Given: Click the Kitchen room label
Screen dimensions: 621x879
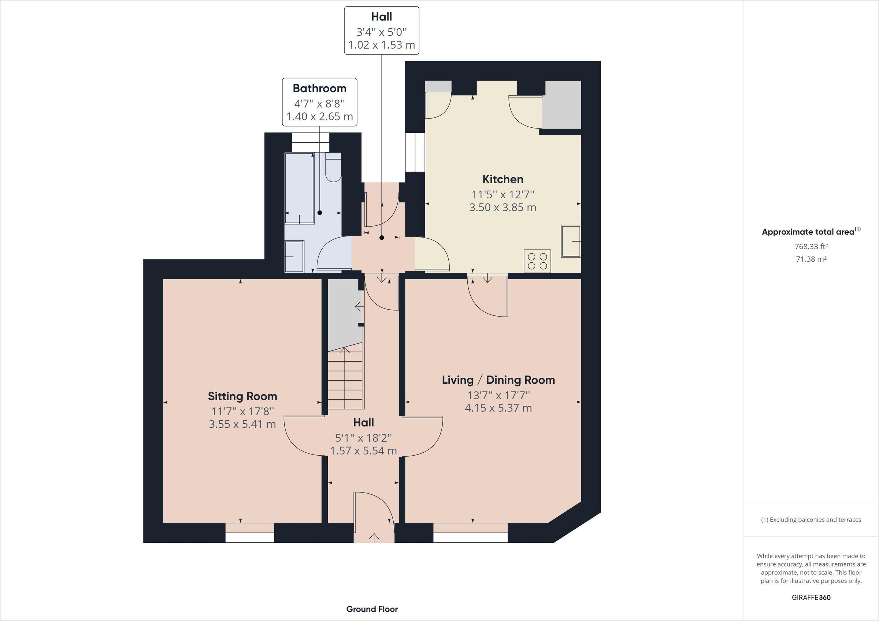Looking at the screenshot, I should (x=502, y=179).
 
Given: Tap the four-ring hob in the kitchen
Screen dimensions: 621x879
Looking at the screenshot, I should (x=537, y=261).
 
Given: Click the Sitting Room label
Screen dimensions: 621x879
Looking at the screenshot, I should (x=242, y=396).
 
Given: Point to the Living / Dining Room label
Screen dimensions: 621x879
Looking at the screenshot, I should (x=498, y=380).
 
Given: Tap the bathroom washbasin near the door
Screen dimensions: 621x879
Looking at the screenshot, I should (x=294, y=256).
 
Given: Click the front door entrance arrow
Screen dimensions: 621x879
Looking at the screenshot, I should (x=374, y=537).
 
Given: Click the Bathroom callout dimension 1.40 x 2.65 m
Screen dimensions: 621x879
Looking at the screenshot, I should (x=319, y=116).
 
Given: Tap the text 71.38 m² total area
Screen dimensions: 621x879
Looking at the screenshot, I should (x=811, y=259).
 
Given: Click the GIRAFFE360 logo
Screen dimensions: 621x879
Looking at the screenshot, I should (x=811, y=597).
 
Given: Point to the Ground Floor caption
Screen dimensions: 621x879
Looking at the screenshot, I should (x=372, y=609).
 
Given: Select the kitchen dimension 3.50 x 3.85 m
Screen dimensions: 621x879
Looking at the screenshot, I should (x=502, y=207).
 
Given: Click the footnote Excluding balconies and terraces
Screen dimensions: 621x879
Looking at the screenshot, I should (x=811, y=520).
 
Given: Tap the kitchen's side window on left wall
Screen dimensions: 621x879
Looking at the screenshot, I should (x=415, y=152).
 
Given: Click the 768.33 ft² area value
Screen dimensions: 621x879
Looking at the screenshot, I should (x=811, y=246).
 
